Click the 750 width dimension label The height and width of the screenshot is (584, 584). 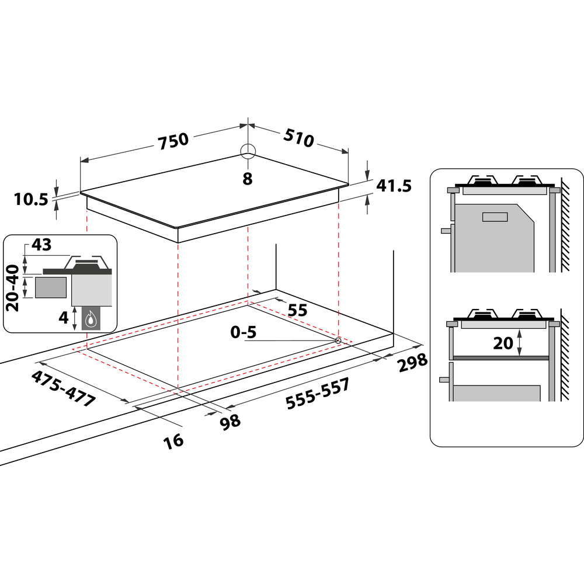pos(173,141)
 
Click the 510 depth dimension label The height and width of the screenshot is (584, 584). pos(298,138)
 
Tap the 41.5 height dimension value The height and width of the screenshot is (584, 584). pos(394,186)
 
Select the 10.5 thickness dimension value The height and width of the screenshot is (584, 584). pos(32,199)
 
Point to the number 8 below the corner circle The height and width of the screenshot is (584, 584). pos(248,179)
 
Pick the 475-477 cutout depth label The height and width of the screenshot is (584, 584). pos(63,388)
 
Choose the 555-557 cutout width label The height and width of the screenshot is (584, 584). pos(318,393)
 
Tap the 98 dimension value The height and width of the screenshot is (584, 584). pos(230,422)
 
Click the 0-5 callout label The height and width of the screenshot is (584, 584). pos(244,332)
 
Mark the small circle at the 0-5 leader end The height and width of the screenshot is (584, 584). pos(338,340)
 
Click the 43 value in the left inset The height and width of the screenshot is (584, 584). pos(41,245)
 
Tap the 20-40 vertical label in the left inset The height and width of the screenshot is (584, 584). pos(13,287)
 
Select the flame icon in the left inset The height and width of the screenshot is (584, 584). pos(90,319)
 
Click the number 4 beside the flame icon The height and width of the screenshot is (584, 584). pos(64,317)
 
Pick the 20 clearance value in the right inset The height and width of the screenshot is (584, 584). pos(503,343)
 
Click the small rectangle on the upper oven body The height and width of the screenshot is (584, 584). pos(495,217)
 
